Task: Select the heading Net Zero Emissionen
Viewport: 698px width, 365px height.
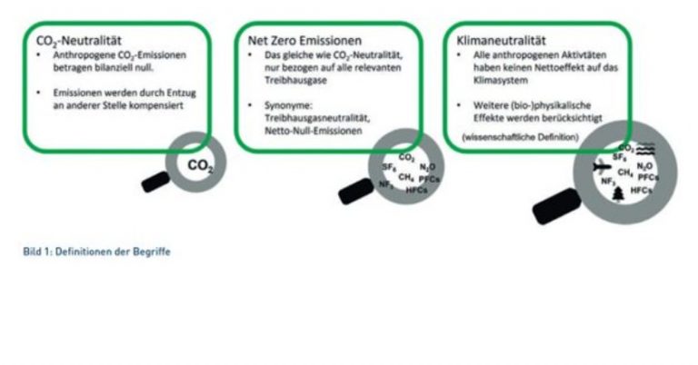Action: tap(304, 42)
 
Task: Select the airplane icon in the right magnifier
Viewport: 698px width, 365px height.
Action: tap(599, 167)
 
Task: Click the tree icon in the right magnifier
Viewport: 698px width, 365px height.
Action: tap(619, 193)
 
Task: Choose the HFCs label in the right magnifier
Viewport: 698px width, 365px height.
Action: tap(641, 190)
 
